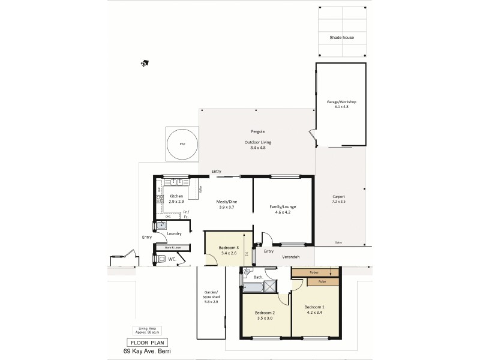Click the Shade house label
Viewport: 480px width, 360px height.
[x=341, y=38]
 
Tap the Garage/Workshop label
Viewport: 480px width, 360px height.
[x=341, y=103]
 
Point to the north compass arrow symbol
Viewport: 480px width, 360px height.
[x=144, y=62]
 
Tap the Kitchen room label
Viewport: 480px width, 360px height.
[x=176, y=196]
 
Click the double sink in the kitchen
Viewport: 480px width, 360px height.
[x=178, y=181]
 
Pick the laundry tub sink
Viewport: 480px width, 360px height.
[x=161, y=226]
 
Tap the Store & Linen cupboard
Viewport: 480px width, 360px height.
[x=173, y=247]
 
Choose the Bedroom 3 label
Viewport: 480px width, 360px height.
[x=229, y=248]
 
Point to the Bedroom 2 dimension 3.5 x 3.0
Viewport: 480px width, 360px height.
[x=265, y=319]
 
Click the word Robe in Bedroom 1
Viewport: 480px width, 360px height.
[x=322, y=281]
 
